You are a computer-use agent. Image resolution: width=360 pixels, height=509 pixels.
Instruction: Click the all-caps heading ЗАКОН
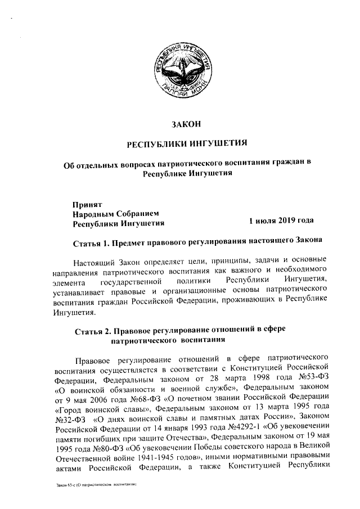click(x=186, y=124)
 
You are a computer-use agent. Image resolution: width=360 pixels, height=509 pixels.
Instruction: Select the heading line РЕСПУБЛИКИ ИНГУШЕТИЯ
click(x=186, y=144)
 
